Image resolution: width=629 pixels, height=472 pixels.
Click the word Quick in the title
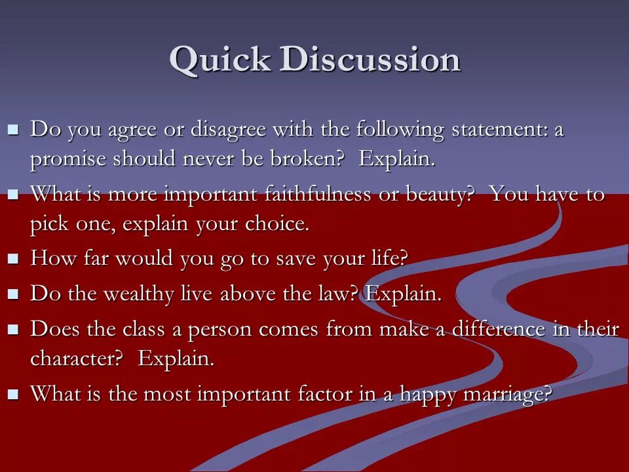pyautogui.click(x=220, y=60)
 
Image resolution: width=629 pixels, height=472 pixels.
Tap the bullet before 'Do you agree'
pyautogui.click(x=13, y=130)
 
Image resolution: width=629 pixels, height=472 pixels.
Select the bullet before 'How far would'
pyautogui.click(x=13, y=258)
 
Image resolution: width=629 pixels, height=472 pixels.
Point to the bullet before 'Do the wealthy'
pyautogui.click(x=13, y=294)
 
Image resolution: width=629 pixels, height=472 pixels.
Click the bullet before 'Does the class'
pyautogui.click(x=13, y=330)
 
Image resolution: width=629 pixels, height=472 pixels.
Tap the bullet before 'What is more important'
pyautogui.click(x=13, y=194)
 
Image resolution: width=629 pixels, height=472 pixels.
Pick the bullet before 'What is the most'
pyautogui.click(x=13, y=394)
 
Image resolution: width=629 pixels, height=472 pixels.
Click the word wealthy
pyautogui.click(x=139, y=294)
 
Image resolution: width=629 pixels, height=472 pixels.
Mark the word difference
pyautogui.click(x=498, y=328)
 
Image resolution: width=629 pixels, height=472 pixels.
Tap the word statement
pyautogui.click(x=495, y=130)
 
